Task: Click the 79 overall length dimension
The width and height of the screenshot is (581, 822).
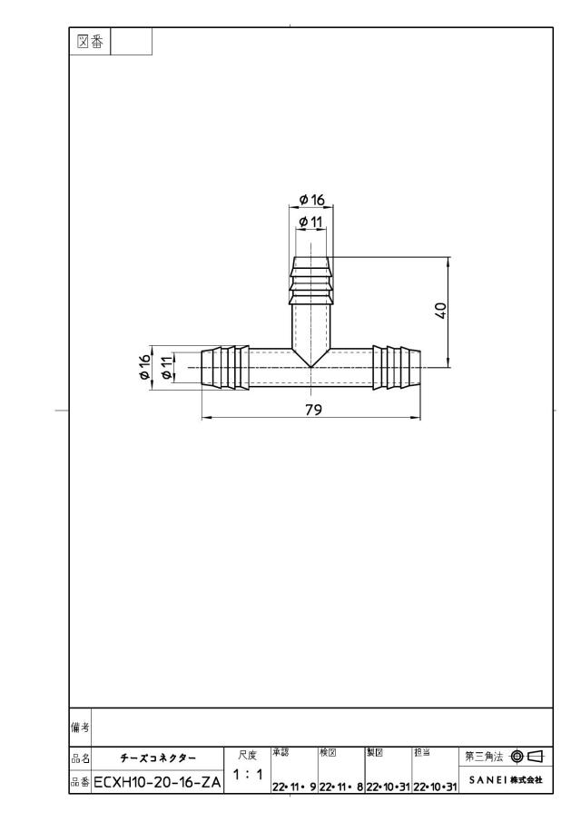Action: [313, 410]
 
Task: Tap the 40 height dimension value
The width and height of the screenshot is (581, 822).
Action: [441, 311]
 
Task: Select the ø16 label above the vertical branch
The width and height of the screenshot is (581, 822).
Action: [311, 200]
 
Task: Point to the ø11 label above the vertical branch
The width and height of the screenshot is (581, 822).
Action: [310, 222]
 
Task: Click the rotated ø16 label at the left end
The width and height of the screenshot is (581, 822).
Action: [144, 367]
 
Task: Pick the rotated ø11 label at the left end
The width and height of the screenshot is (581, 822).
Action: [166, 367]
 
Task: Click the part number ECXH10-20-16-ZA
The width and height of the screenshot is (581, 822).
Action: [157, 783]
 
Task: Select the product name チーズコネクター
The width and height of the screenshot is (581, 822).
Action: [158, 758]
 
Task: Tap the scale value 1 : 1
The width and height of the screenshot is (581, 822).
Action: [247, 774]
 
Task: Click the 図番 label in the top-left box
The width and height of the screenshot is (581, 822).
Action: [90, 42]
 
